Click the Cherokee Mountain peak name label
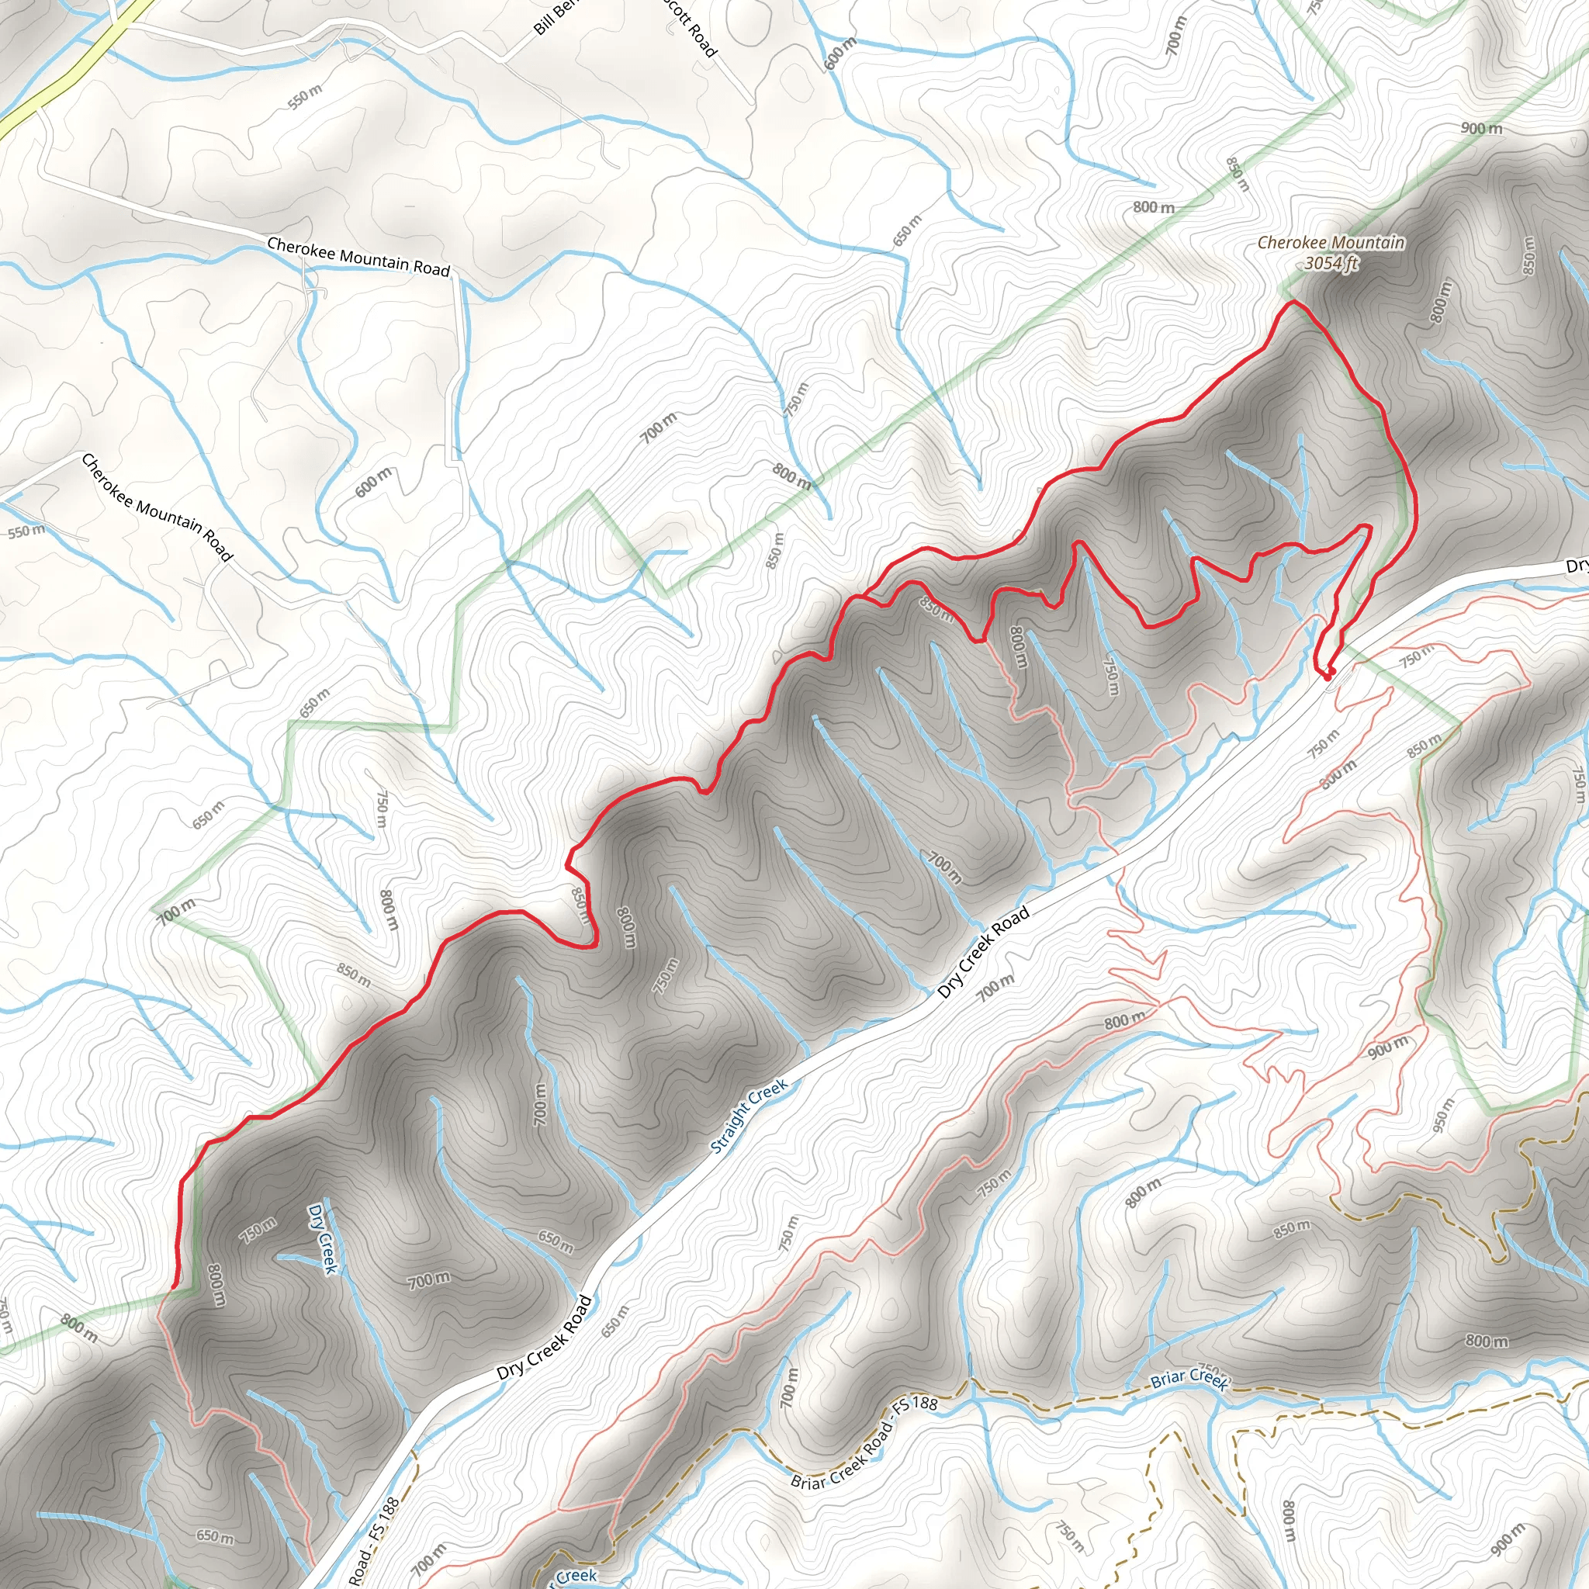(1331, 243)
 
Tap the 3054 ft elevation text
(1331, 263)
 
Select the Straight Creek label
(749, 1116)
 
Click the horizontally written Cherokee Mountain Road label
(358, 258)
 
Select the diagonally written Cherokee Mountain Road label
(157, 507)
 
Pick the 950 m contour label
(1443, 1114)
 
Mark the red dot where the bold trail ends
(1328, 674)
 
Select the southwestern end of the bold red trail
(175, 1288)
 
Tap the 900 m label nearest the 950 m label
(1388, 1047)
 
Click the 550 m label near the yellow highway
(305, 97)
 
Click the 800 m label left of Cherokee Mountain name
(1154, 207)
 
